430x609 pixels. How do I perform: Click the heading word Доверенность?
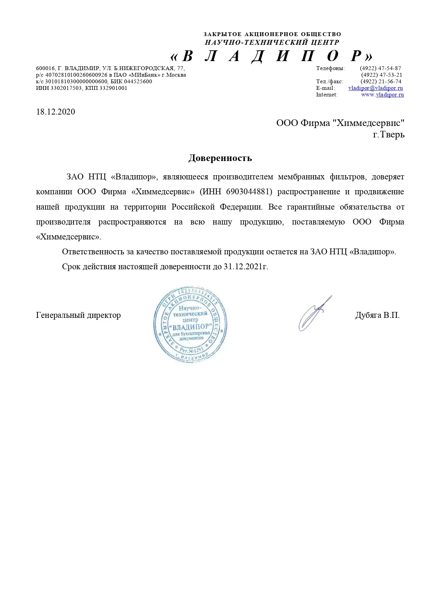coord(220,158)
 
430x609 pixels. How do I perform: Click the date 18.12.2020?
coord(55,112)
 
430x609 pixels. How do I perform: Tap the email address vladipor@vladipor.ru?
coord(376,88)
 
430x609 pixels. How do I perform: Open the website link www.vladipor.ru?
coord(382,95)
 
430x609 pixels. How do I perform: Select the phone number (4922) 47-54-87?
coord(380,68)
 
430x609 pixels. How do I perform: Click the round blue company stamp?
coord(190,324)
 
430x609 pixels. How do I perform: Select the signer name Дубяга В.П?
coord(377,315)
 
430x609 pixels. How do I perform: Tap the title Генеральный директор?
coord(78,315)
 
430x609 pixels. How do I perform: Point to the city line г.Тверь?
coord(388,135)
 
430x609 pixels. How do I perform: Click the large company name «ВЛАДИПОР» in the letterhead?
coord(272,56)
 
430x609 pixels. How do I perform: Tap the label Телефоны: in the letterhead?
coord(330,68)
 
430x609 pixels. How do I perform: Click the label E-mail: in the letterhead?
coord(325,88)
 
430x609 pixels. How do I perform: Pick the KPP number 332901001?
coord(113,88)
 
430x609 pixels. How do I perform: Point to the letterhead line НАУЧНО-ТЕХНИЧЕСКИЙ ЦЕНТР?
coord(272,43)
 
